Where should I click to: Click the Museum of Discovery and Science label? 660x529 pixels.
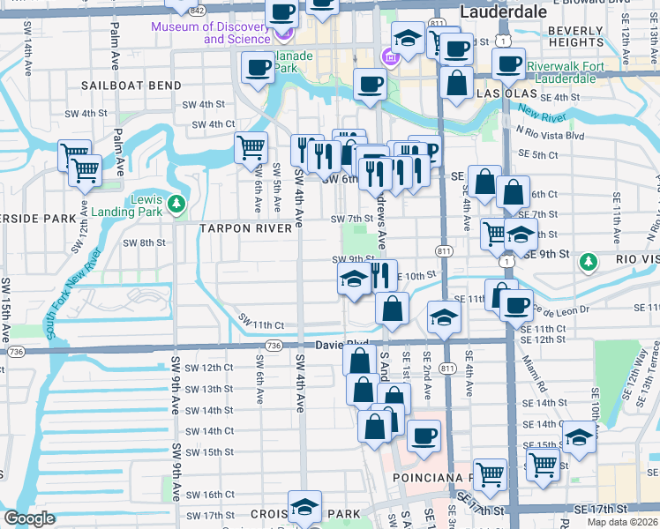point(212,33)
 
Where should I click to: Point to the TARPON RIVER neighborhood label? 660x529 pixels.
point(245,228)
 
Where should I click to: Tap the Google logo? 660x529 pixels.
point(29,518)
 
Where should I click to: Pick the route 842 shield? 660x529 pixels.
point(198,11)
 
